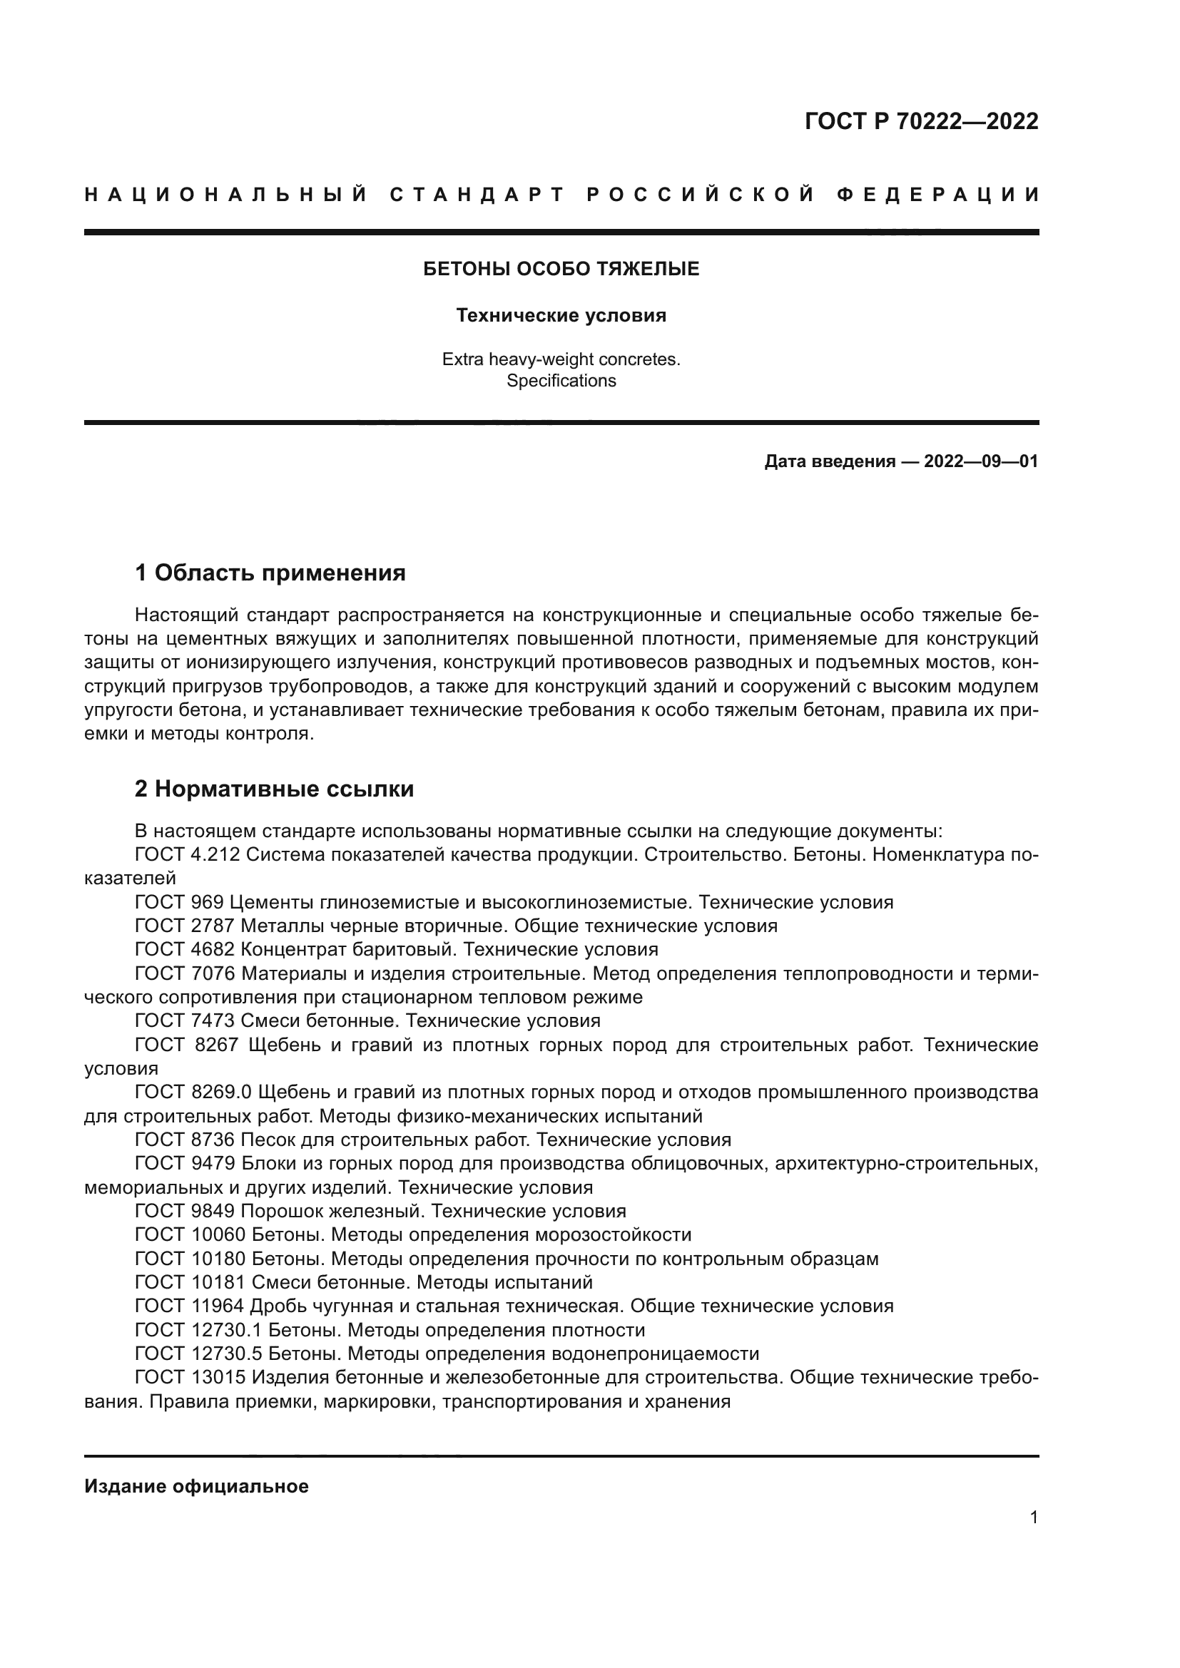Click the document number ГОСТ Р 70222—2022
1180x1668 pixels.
[921, 121]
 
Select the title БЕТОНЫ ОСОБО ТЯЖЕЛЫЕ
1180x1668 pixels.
[561, 270]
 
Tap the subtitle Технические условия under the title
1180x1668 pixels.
[561, 315]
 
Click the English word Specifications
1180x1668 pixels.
[561, 381]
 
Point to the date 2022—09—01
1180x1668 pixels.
[981, 461]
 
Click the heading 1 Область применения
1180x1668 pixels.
[270, 573]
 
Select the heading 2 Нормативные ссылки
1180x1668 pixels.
[274, 789]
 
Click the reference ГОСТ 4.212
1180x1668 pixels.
[188, 854]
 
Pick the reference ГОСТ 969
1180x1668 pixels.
[180, 902]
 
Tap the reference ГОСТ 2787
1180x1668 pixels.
[185, 926]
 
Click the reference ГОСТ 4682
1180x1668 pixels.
[185, 949]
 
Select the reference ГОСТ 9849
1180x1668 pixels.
[185, 1211]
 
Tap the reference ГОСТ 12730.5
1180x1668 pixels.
[198, 1354]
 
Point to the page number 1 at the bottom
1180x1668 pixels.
[1034, 1517]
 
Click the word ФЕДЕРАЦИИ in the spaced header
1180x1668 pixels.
[937, 195]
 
